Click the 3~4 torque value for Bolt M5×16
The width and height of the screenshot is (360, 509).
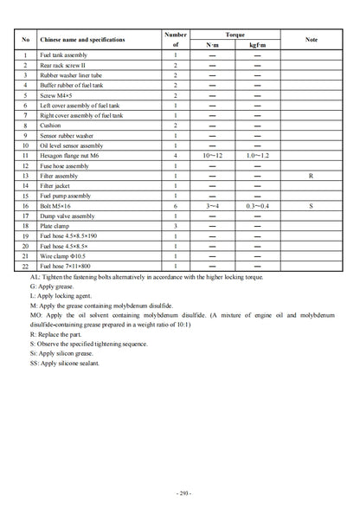pyautogui.click(x=212, y=207)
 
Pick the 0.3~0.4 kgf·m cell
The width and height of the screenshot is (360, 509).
pyautogui.click(x=257, y=207)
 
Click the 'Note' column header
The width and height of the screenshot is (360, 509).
pyautogui.click(x=310, y=40)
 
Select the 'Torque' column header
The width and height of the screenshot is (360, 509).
pyautogui.click(x=235, y=34)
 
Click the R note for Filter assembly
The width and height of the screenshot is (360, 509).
pyautogui.click(x=310, y=176)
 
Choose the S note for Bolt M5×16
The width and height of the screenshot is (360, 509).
pyautogui.click(x=310, y=207)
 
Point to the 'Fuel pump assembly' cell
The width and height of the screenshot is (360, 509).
pyautogui.click(x=66, y=197)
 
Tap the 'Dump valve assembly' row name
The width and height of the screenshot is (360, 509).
pyautogui.click(x=67, y=216)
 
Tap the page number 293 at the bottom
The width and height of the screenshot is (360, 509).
pyautogui.click(x=180, y=493)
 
